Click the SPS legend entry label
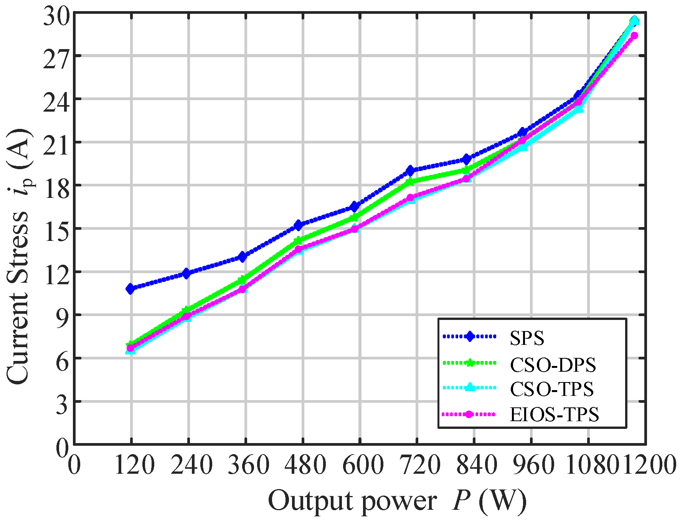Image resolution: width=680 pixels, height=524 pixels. point(527,338)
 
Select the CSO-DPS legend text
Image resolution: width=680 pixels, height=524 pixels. point(553,365)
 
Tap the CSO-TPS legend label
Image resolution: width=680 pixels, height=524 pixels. point(551,389)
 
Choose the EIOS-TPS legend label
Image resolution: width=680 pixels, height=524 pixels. point(554,415)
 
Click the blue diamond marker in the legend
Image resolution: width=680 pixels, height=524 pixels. point(469,337)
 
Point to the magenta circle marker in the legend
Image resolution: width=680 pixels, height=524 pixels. point(469,414)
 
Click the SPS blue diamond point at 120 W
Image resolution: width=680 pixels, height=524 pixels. point(130,288)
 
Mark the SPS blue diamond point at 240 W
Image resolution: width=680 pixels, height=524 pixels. point(187,274)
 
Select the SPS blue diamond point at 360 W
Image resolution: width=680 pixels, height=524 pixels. point(243,257)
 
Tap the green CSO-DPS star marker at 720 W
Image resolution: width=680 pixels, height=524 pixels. point(410,181)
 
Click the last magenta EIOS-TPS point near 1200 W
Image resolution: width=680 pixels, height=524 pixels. point(634,36)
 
